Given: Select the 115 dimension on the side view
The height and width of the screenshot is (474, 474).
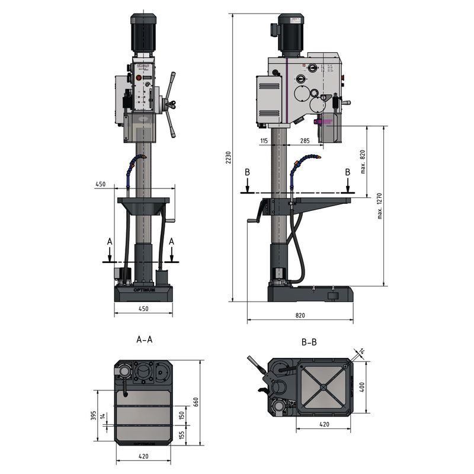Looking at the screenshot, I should [x=264, y=140].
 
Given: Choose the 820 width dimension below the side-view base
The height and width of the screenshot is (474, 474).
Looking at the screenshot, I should [x=300, y=316].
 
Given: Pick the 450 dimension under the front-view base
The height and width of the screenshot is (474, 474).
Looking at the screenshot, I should [x=143, y=309].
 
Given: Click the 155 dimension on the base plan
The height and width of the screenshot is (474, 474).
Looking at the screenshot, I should [x=182, y=435].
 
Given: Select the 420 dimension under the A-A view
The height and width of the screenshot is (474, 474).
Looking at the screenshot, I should [x=145, y=456].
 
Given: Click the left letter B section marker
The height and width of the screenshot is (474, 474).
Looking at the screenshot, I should [x=248, y=172].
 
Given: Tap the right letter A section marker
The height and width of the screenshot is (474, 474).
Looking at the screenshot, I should [x=172, y=241].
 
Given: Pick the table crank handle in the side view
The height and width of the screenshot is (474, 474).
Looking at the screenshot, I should [x=258, y=213].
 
